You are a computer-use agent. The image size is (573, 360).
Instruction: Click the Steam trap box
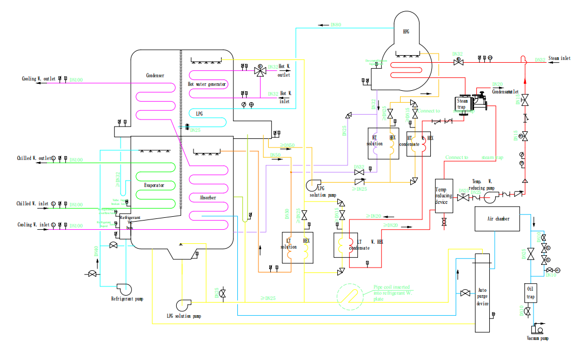tap(463, 104)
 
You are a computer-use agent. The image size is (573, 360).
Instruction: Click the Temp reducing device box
tap(443, 195)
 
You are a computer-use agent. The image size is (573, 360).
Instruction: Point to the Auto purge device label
tap(482, 297)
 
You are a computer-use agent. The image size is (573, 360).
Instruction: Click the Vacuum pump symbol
tap(537, 329)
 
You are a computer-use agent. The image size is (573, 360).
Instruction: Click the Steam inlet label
tap(559, 58)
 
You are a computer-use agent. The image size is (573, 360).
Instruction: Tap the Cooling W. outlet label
tap(37, 79)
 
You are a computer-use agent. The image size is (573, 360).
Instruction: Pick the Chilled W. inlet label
tap(31, 204)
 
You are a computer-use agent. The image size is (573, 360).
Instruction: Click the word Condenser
tap(155, 75)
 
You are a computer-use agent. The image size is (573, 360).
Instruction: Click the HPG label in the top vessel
tap(405, 32)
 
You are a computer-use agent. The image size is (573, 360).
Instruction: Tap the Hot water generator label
tap(207, 84)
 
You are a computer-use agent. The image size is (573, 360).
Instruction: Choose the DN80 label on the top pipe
tap(336, 25)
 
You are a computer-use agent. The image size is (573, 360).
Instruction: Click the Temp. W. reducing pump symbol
tap(491, 197)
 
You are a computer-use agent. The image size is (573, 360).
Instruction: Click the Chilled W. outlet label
tap(33, 158)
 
